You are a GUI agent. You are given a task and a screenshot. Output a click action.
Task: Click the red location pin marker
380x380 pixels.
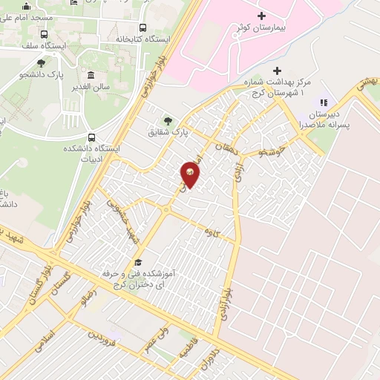coord(191,174)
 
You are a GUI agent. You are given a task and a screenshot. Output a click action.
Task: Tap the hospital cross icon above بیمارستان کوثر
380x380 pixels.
coord(261,16)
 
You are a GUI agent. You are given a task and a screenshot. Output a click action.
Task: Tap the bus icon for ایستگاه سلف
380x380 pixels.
coord(45,34)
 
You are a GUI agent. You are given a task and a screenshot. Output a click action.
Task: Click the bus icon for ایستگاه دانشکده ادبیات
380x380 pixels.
coord(91,137)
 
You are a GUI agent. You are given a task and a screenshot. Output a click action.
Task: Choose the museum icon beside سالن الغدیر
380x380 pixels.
coord(91,75)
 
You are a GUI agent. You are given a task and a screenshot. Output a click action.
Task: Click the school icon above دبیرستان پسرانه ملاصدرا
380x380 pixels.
coord(323,102)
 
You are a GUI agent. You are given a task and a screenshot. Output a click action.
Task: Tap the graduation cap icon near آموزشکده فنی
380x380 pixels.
coord(137,263)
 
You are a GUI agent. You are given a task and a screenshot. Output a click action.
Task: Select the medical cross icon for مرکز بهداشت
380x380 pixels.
coord(277,71)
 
